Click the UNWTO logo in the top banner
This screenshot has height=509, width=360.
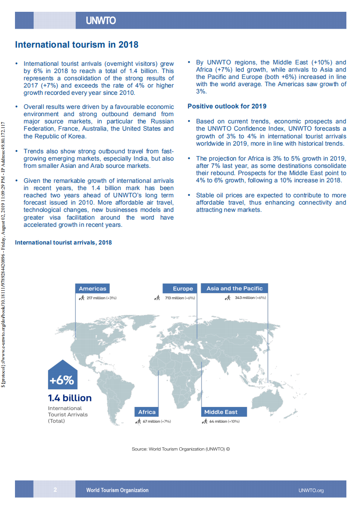(101, 21)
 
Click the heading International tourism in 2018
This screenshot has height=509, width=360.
(77, 45)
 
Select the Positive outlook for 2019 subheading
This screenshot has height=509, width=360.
(227, 106)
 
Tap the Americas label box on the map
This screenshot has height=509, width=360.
(92, 289)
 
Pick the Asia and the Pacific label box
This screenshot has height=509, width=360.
(234, 289)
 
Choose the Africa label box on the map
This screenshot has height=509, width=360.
(147, 412)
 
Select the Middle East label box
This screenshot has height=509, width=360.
(220, 412)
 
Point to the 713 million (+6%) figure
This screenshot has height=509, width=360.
(180, 298)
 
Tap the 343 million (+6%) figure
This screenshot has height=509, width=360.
(250, 298)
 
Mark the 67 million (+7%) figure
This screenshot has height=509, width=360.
(157, 421)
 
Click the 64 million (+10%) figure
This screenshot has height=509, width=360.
(224, 421)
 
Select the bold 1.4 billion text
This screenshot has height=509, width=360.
(70, 398)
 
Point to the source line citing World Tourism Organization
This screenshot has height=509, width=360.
(181, 449)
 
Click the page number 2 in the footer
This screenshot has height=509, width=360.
(55, 490)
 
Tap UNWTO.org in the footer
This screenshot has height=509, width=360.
(311, 490)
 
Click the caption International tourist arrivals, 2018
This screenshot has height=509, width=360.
(63, 243)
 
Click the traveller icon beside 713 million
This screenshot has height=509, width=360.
(157, 298)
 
